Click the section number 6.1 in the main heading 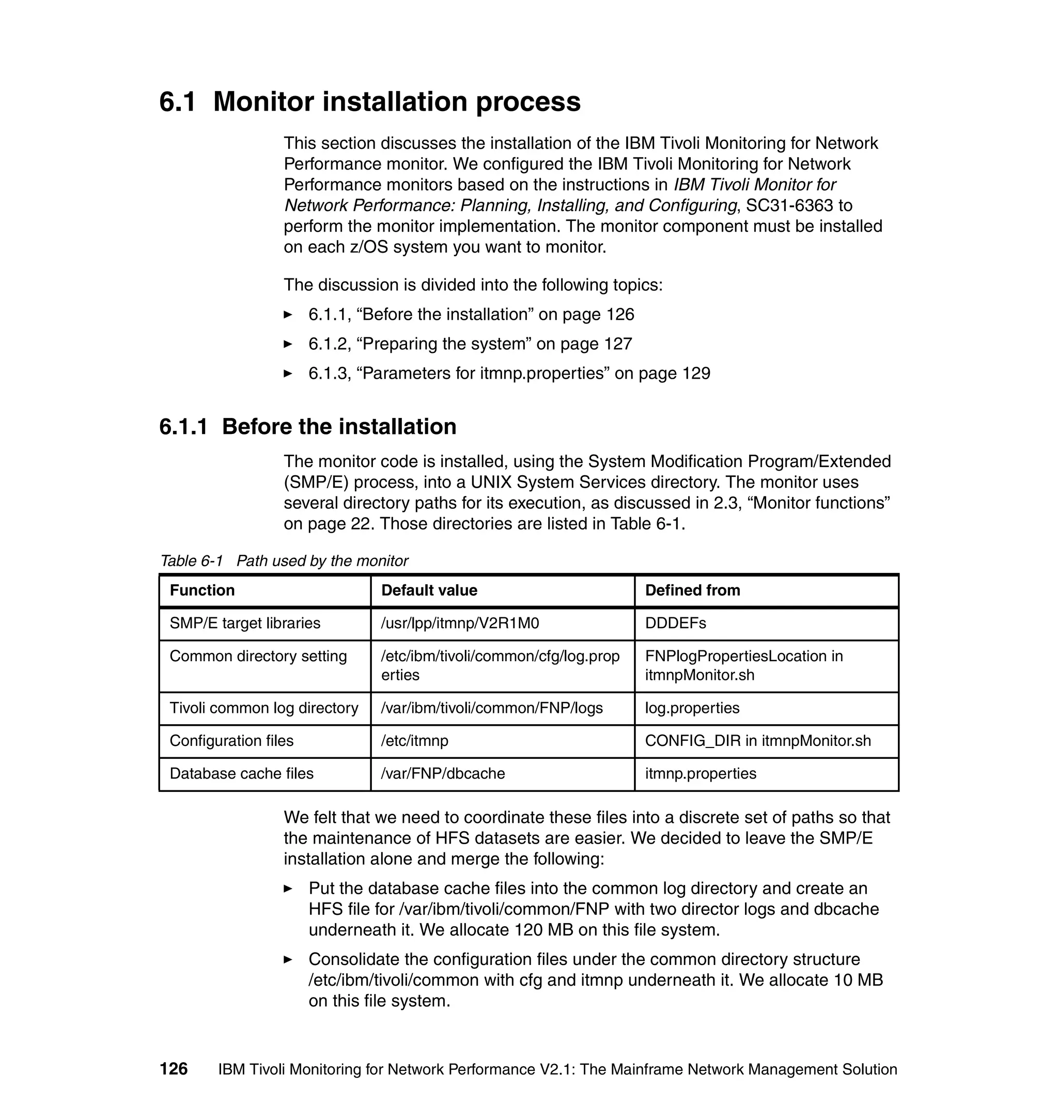tap(177, 102)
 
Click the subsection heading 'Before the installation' tap(339, 426)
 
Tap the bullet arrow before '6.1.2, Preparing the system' tap(288, 344)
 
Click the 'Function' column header tap(202, 590)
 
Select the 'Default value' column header tap(429, 590)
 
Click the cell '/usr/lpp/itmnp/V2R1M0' tap(460, 623)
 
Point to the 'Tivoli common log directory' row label tap(263, 708)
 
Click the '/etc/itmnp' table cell tap(414, 740)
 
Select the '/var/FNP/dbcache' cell tap(443, 773)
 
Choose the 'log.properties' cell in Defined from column tap(692, 708)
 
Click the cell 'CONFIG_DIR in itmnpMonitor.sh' tap(757, 740)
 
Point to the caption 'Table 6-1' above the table tap(192, 561)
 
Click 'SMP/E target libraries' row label tap(245, 623)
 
